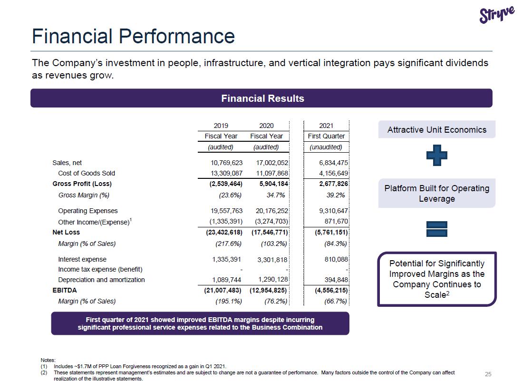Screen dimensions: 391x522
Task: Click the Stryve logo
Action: [497, 15]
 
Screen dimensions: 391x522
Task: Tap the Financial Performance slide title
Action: [133, 36]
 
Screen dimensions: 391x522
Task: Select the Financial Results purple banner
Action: [261, 98]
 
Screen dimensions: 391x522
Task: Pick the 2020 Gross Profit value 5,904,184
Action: [270, 184]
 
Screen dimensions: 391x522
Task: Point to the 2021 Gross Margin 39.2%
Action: [334, 195]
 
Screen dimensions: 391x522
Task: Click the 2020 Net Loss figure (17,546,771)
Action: [270, 232]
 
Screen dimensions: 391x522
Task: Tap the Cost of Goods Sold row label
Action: [87, 173]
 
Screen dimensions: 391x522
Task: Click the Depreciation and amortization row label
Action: [101, 280]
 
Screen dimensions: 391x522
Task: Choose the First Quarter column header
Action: [326, 136]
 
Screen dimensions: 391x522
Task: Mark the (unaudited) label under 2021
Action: [326, 147]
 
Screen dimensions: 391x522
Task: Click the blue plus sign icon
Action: [436, 156]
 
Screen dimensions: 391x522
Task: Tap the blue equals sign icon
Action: [436, 229]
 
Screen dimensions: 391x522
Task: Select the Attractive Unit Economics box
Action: [436, 130]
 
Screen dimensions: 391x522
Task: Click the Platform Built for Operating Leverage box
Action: [436, 193]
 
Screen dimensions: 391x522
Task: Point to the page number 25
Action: [488, 374]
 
